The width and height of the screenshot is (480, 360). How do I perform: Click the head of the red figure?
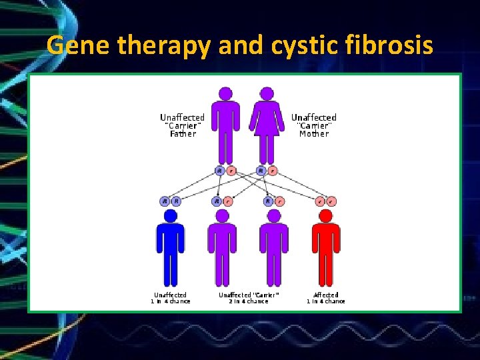click(x=326, y=216)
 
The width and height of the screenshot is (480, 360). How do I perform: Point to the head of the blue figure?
click(x=171, y=216)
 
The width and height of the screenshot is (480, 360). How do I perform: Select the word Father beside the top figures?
click(x=183, y=134)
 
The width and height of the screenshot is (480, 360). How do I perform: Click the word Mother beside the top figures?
click(x=314, y=134)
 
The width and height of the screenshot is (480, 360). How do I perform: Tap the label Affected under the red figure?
click(x=326, y=295)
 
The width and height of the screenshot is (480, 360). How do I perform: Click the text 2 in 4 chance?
click(x=248, y=301)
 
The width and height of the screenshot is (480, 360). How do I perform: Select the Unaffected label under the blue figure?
click(x=171, y=295)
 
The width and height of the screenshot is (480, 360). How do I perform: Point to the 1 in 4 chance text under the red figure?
click(x=326, y=301)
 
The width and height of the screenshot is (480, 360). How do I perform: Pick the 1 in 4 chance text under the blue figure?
click(x=171, y=301)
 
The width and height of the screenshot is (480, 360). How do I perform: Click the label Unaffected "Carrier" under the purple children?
click(x=249, y=295)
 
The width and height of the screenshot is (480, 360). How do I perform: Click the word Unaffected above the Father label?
click(x=182, y=117)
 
